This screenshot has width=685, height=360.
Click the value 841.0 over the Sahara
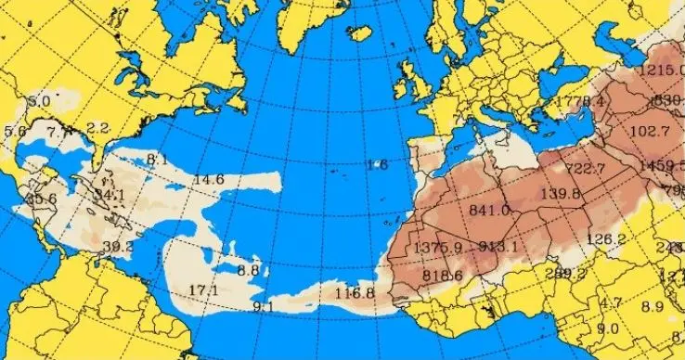[x=490, y=211]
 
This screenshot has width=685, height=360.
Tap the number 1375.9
[x=439, y=248]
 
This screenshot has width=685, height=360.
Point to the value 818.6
[x=442, y=275]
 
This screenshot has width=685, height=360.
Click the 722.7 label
[x=585, y=168]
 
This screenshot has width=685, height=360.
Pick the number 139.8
[x=560, y=194]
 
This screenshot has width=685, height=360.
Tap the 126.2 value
[x=607, y=238]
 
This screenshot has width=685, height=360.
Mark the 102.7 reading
[x=649, y=131]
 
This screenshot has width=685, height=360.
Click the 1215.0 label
[x=661, y=71]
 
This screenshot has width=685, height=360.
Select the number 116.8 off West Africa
[x=353, y=293]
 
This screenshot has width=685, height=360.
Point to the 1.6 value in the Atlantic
[x=377, y=165]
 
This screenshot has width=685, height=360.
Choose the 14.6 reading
[x=209, y=179]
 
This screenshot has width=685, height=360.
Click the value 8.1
[x=157, y=159]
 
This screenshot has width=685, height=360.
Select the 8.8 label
[x=248, y=270]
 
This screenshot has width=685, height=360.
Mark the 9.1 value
[x=263, y=306]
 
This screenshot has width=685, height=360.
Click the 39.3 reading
[x=117, y=246]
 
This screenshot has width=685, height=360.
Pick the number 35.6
[x=41, y=198]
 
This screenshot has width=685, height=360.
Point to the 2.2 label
[x=97, y=127]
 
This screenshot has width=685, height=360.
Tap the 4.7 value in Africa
[x=611, y=303]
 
